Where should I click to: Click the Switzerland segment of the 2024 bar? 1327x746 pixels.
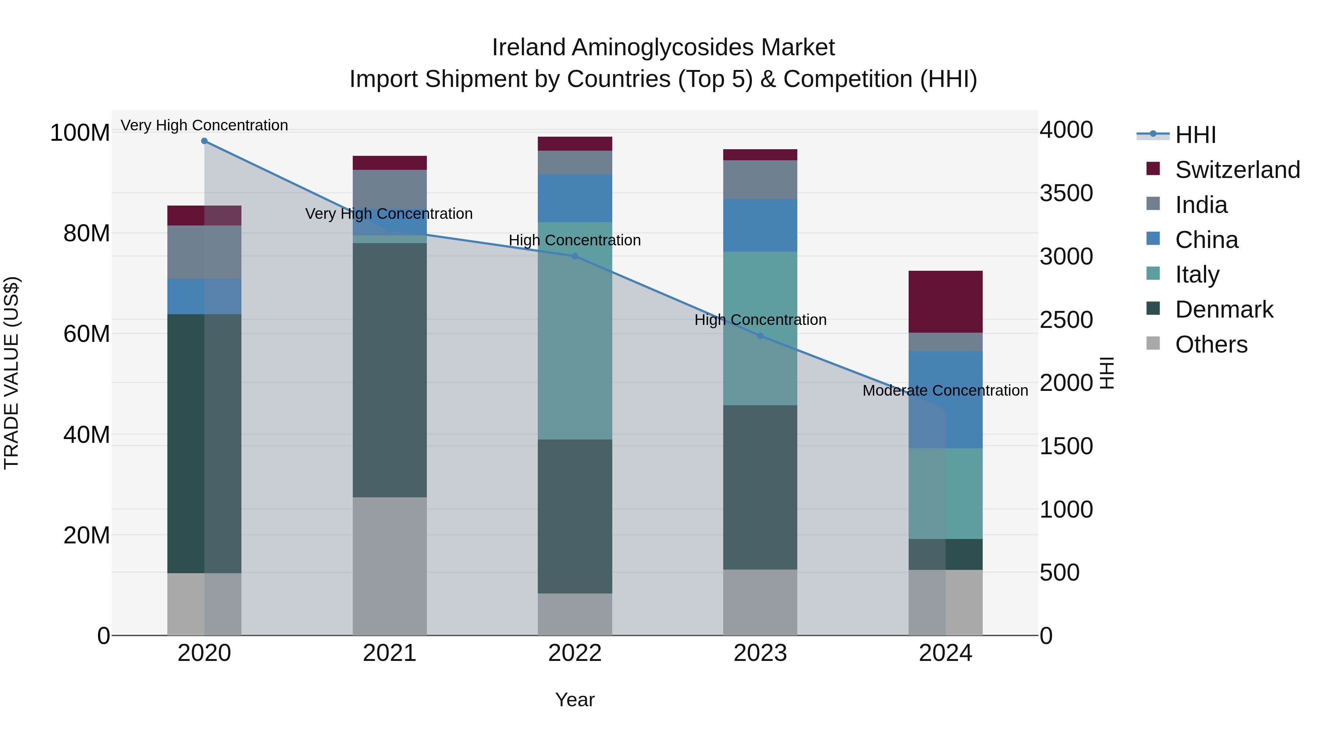945,302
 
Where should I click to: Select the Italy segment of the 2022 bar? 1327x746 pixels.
575,330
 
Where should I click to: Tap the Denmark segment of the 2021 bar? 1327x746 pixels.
390,370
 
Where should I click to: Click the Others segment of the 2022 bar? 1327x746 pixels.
575,614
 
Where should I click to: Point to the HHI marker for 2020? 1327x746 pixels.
205,141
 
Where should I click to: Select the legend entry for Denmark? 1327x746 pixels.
1224,309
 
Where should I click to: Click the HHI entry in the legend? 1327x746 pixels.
1195,135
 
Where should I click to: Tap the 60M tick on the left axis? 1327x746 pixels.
87,334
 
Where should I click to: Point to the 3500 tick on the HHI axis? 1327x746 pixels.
1066,193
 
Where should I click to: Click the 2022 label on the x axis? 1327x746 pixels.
575,653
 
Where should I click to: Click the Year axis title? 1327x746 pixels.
575,700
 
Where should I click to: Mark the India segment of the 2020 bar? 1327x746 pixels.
205,252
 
